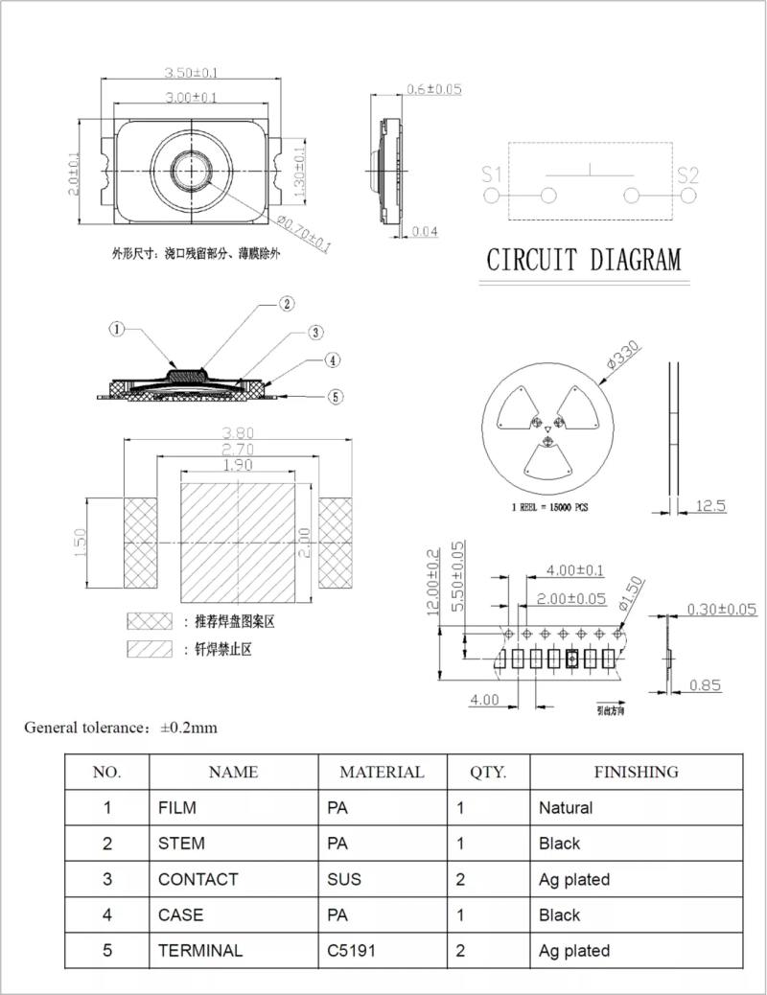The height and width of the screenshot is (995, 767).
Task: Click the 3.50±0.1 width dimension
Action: pyautogui.click(x=192, y=73)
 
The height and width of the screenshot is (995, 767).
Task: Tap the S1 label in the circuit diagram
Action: pyautogui.click(x=492, y=174)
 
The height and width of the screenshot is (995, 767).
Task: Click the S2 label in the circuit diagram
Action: pyautogui.click(x=687, y=174)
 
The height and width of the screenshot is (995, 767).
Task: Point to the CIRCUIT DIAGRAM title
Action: pyautogui.click(x=584, y=260)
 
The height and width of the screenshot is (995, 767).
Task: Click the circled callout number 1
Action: pyautogui.click(x=116, y=329)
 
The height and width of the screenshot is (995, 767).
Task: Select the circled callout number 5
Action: pyautogui.click(x=335, y=395)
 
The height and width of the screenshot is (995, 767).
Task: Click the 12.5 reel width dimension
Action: pyautogui.click(x=709, y=505)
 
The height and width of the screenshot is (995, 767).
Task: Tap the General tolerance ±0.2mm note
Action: pyautogui.click(x=121, y=728)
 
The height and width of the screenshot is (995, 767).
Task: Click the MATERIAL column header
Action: pyautogui.click(x=382, y=772)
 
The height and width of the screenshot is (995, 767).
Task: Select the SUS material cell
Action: pyautogui.click(x=343, y=879)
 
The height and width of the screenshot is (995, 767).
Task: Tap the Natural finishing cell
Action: pyautogui.click(x=566, y=808)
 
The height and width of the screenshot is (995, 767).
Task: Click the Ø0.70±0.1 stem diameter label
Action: pyautogui.click(x=304, y=234)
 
